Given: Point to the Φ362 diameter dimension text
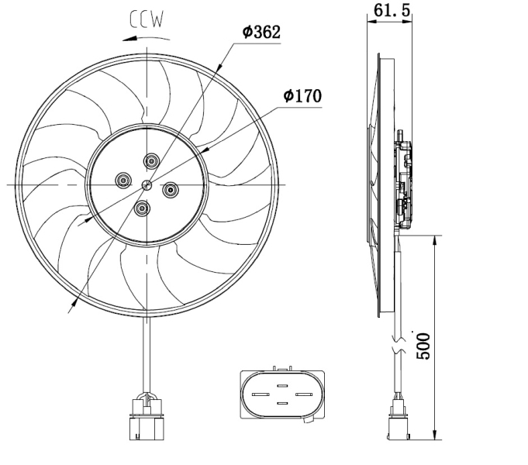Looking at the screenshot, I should (x=261, y=32).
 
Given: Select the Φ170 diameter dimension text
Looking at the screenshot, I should (x=302, y=95).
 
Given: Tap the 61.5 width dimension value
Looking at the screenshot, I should (x=392, y=10).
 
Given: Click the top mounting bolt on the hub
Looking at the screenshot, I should (x=151, y=160).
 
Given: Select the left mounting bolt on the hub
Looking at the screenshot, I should (x=123, y=181).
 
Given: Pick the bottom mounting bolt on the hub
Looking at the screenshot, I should (x=142, y=208).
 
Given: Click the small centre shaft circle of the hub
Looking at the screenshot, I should (x=147, y=184).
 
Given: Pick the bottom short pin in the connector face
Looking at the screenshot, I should (x=282, y=403).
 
